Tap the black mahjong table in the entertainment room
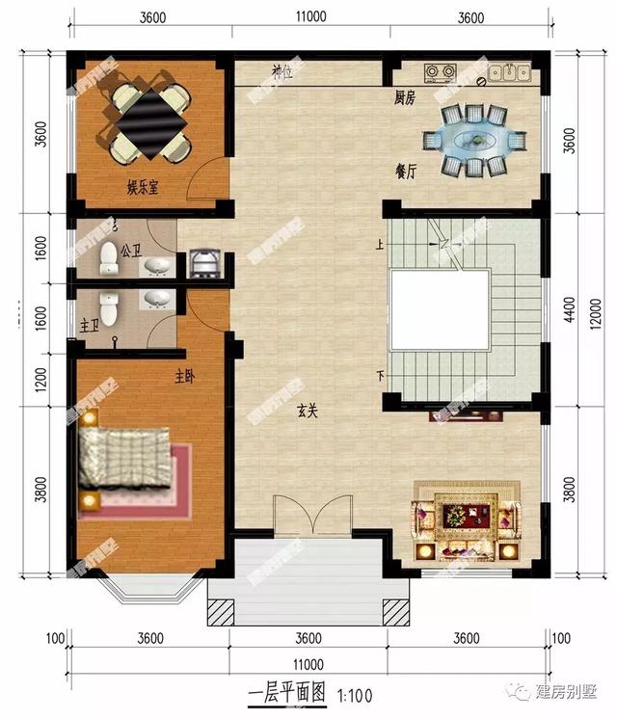[149, 121]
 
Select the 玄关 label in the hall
[308, 409]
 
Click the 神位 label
[282, 71]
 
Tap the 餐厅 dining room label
[406, 171]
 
